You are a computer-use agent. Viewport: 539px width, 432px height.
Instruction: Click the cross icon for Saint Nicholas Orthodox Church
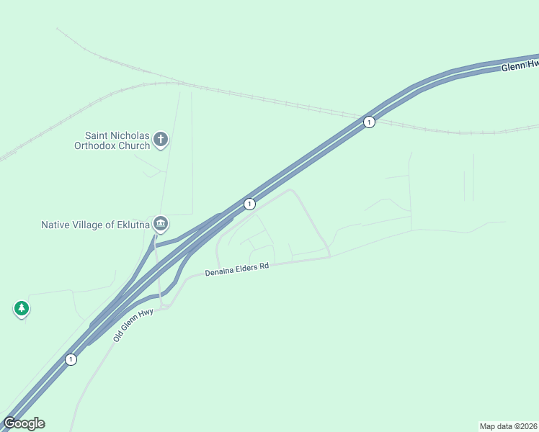(x=160, y=139)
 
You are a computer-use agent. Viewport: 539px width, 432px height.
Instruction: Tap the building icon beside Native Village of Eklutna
(x=160, y=224)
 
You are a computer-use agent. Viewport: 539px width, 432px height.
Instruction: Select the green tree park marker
(x=22, y=308)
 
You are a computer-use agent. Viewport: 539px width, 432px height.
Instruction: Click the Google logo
(x=24, y=423)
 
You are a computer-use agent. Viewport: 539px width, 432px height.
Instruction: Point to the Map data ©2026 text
(x=508, y=426)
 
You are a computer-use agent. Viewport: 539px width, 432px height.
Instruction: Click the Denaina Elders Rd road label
(x=236, y=270)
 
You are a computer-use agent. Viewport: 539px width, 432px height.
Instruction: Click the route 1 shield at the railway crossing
(x=369, y=122)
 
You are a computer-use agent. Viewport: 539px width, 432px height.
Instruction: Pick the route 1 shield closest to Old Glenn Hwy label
(x=71, y=359)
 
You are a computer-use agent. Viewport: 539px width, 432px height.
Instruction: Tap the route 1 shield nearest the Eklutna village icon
(x=249, y=204)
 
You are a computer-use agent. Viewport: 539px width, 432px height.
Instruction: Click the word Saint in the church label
(x=97, y=135)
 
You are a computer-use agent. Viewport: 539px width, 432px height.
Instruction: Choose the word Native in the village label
(x=55, y=225)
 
